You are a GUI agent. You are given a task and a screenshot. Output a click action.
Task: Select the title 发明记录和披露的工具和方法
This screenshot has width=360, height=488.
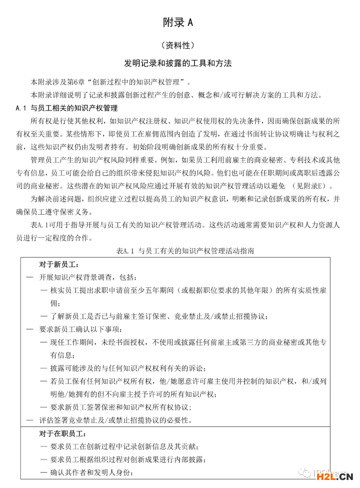coord(178,64)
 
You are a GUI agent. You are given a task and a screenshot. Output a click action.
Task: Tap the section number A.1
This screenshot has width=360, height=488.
coord(21,108)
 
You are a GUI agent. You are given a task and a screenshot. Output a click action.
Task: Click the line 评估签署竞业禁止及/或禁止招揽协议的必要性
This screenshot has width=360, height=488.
coord(115,420)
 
